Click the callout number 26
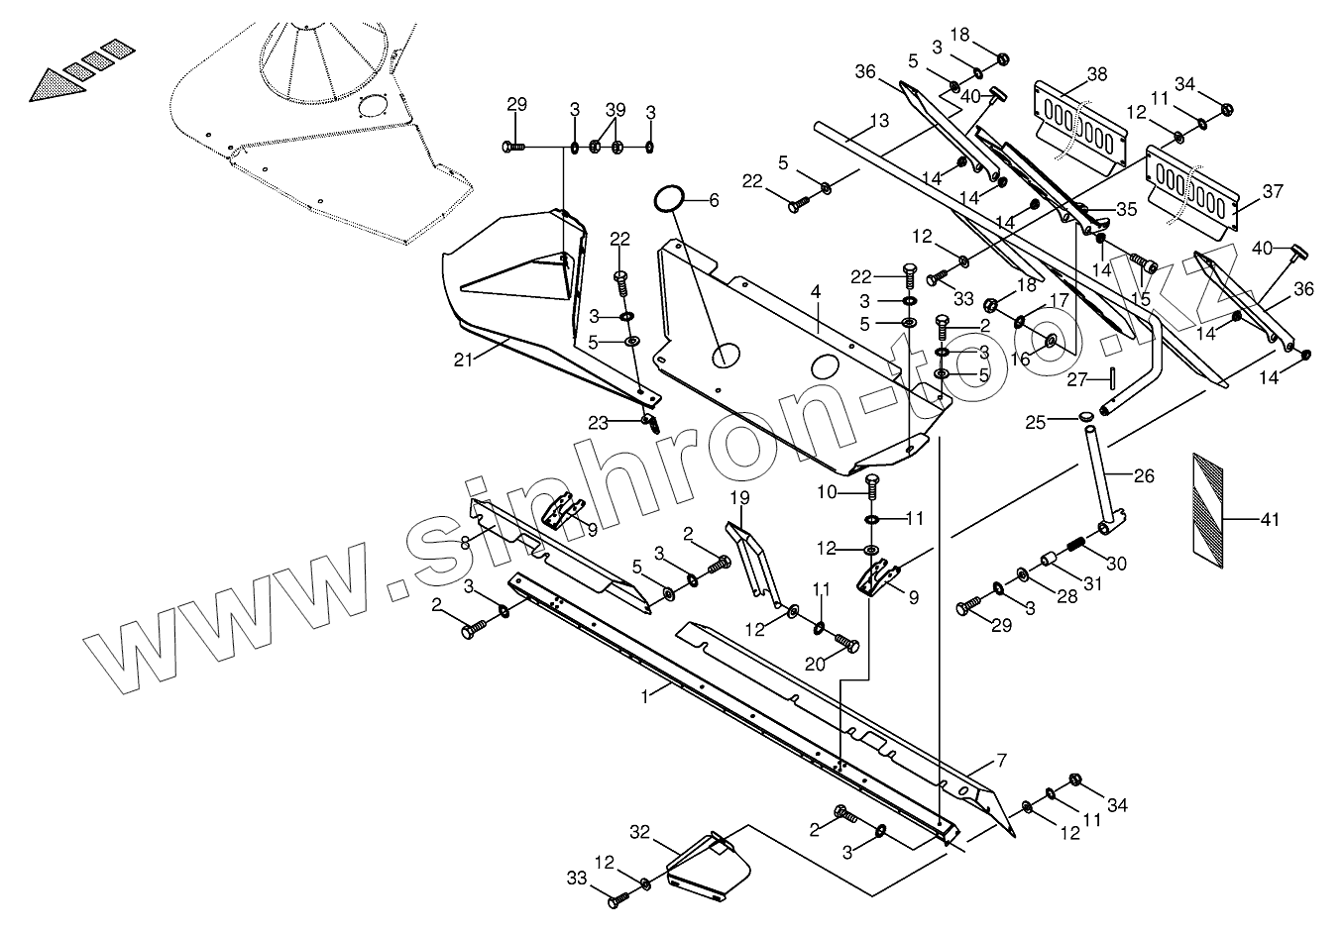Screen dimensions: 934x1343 [x=1144, y=476]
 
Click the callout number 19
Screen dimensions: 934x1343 [x=740, y=496]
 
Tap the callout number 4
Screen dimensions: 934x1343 [x=815, y=293]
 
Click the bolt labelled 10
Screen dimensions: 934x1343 [x=873, y=485]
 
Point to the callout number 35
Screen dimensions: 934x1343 [x=1127, y=210]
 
